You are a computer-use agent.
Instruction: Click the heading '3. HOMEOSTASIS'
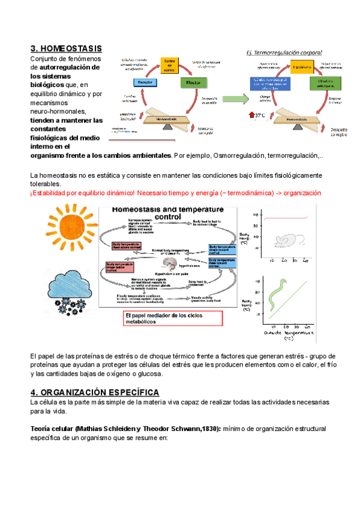point(66,48)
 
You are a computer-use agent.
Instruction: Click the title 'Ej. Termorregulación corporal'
point(284,52)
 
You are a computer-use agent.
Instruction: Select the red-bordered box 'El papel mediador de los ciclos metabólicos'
point(172,318)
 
